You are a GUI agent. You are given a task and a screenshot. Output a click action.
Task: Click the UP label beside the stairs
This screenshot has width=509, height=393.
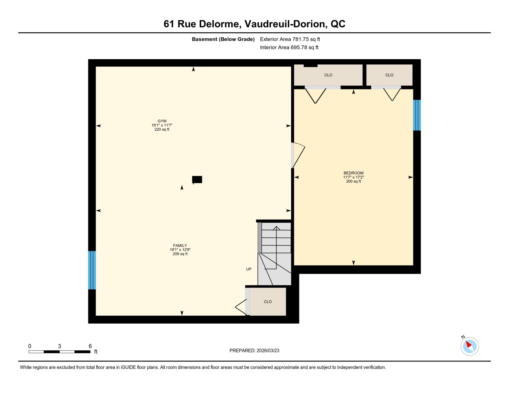[249, 269]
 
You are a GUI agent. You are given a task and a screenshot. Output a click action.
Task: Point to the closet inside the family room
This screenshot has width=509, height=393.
[268, 302]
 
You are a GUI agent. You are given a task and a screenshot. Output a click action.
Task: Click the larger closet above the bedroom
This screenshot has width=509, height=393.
[328, 75]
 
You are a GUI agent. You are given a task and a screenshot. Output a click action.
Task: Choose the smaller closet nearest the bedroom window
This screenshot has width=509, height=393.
[389, 75]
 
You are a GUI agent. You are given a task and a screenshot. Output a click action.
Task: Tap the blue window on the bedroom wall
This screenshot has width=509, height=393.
[417, 115]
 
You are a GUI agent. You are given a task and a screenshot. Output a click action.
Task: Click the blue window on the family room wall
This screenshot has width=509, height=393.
[92, 270]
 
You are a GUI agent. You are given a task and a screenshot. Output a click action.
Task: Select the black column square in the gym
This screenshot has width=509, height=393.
[197, 179]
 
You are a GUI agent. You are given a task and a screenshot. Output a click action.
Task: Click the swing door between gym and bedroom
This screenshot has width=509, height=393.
[298, 155]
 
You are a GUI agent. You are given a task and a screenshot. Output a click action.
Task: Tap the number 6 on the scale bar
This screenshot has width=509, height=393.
[90, 346]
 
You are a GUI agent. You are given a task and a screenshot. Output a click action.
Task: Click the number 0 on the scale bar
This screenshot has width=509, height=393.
[30, 346]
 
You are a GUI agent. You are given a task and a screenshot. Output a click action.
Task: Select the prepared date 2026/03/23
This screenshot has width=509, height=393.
[268, 351]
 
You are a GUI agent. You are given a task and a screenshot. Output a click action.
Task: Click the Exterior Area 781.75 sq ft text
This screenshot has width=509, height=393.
[290, 39]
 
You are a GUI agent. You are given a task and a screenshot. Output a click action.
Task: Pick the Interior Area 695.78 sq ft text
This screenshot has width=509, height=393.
[289, 47]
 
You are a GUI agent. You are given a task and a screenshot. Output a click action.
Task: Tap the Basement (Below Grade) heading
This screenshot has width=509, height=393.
[223, 39]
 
